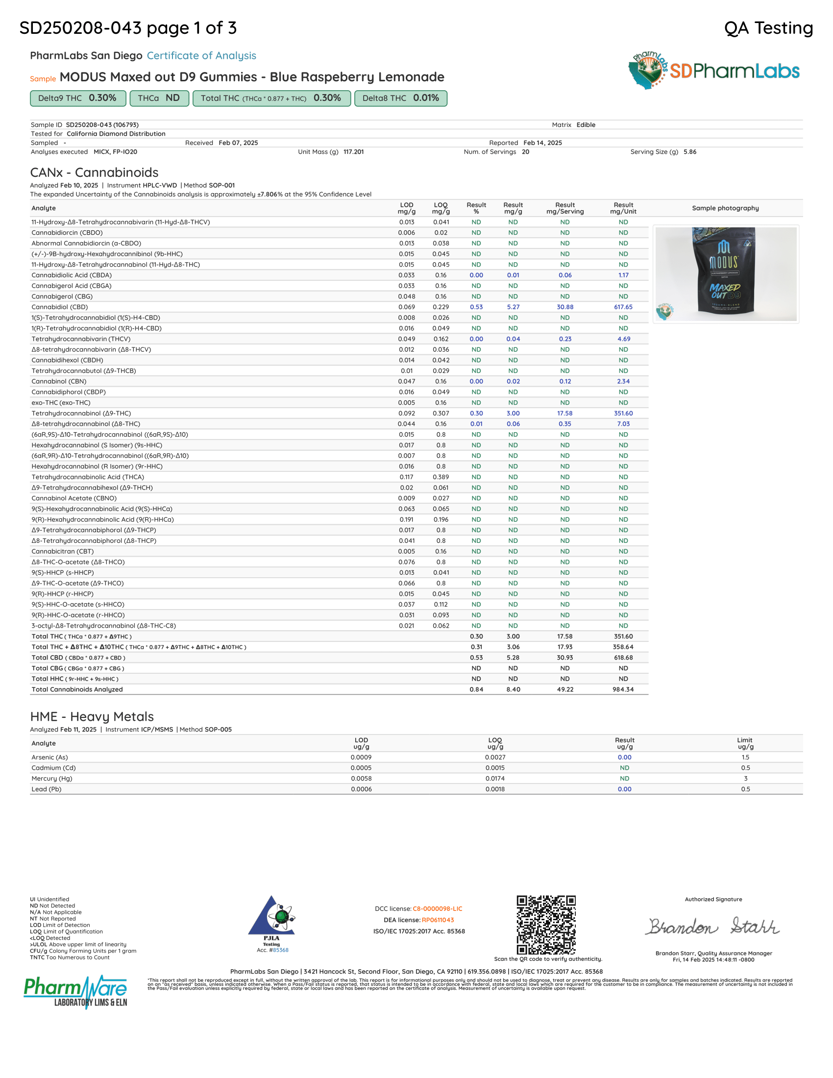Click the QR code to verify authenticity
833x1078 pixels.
546,925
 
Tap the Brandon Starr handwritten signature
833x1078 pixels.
713,927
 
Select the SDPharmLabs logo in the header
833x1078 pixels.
713,71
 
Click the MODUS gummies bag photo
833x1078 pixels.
724,273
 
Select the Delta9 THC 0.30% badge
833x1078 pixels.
78,98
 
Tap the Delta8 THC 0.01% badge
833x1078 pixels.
400,98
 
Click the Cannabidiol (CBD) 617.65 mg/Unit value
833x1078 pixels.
623,307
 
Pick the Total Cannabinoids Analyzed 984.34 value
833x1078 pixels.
623,689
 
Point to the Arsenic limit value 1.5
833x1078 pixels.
745,757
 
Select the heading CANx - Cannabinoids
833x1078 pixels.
94,172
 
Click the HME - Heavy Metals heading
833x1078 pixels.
92,717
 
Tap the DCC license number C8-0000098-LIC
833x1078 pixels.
437,908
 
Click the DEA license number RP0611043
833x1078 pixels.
437,920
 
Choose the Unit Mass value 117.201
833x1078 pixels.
353,152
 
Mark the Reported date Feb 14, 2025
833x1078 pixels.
542,143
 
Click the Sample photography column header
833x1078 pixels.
725,208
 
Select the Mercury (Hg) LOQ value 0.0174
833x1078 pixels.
495,779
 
